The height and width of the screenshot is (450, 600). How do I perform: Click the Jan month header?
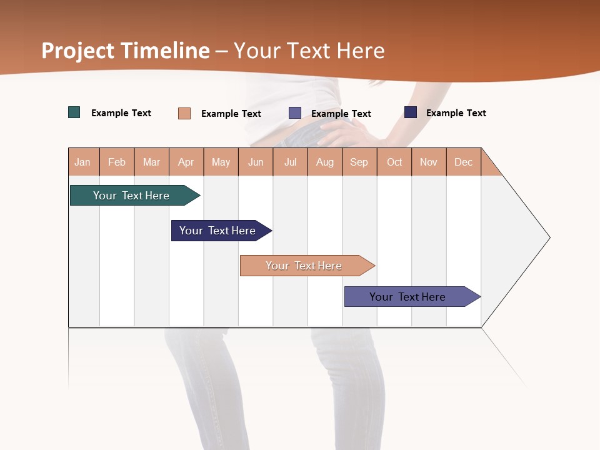pyautogui.click(x=82, y=162)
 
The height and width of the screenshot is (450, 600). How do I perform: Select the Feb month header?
pyautogui.click(x=117, y=162)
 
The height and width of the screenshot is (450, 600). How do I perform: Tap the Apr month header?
pyautogui.click(x=186, y=162)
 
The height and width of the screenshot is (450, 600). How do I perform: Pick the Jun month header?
pyautogui.click(x=256, y=162)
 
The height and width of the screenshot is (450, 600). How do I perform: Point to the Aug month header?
pyautogui.click(x=324, y=162)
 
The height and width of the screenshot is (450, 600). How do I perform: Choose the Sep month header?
pyautogui.click(x=359, y=162)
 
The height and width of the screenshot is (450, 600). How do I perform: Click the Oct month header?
pyautogui.click(x=394, y=162)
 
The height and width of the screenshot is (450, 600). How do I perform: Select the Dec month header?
pyautogui.click(x=463, y=162)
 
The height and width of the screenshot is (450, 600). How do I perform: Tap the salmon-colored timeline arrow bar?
pyautogui.click(x=304, y=266)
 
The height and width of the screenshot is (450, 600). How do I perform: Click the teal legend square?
pyautogui.click(x=74, y=112)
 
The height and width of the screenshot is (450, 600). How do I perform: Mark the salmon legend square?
pyautogui.click(x=184, y=113)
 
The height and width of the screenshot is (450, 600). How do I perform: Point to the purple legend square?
pyautogui.click(x=295, y=113)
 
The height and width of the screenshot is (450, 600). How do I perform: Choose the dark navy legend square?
pyautogui.click(x=411, y=112)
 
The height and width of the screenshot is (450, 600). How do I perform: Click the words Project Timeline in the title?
pyautogui.click(x=126, y=51)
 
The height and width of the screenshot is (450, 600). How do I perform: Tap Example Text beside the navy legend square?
pyautogui.click(x=456, y=113)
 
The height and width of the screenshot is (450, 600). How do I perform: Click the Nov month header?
pyautogui.click(x=429, y=162)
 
